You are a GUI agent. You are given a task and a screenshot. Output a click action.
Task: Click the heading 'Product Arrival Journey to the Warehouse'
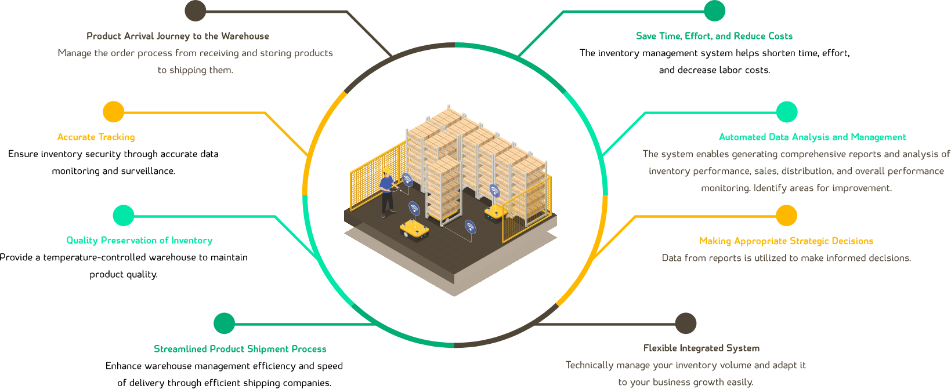coord(178,36)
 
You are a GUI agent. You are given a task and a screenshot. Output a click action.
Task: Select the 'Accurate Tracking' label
coord(96,137)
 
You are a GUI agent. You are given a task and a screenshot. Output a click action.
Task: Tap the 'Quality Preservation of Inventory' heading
coord(139,240)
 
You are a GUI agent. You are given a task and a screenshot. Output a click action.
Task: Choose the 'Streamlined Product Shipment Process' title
coord(240,349)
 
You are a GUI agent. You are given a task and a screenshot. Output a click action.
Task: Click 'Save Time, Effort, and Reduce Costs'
coord(714,36)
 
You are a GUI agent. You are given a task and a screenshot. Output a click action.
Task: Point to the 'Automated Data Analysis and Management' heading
coord(812,137)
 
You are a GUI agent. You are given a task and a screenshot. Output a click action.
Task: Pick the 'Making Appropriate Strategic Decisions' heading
coord(786,241)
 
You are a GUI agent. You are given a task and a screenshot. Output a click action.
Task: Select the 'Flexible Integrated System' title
coord(701,348)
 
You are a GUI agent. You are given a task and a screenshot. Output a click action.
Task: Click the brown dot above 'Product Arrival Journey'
coord(196,10)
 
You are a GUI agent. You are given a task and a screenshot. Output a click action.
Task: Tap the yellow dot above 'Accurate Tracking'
coord(114,112)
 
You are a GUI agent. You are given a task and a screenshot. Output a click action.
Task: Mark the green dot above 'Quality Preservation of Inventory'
coord(124,216)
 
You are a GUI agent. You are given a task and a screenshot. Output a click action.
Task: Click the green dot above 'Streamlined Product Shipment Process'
coord(225,323)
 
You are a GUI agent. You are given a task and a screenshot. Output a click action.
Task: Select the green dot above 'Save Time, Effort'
coord(714,10)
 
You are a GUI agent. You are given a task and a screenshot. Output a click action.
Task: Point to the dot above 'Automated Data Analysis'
coord(787,112)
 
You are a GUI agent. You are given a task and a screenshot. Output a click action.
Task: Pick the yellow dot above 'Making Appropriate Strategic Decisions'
coord(786,215)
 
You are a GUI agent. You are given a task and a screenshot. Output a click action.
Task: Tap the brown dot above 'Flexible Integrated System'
coord(686,323)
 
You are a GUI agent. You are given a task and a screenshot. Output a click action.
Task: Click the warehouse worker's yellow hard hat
coord(386,170)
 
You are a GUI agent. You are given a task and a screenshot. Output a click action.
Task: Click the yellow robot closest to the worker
coord(414,230)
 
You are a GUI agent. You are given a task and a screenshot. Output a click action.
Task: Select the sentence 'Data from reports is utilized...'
coord(786,258)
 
